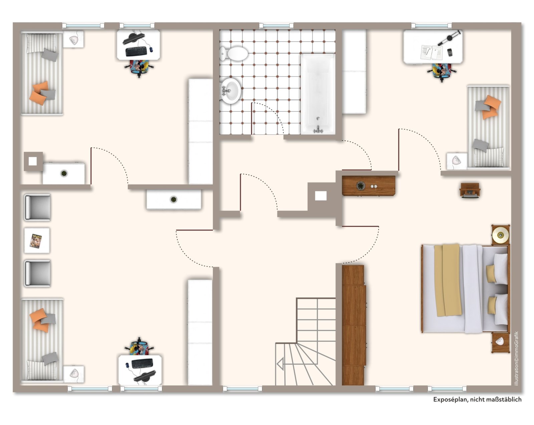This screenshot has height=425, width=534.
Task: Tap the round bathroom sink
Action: coord(231,91)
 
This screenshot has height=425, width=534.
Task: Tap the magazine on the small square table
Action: coord(36,241)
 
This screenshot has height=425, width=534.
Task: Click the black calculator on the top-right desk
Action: coord(450,52)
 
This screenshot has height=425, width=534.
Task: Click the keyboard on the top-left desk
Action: coord(138,51)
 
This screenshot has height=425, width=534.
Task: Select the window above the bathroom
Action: coord(276,25)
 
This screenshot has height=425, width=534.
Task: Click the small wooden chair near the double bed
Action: coord(470,190)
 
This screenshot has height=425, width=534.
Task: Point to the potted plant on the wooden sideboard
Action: coord(360,185)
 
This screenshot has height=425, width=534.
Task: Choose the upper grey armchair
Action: coord(37,207)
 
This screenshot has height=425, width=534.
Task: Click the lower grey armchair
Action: coord(37,273)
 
